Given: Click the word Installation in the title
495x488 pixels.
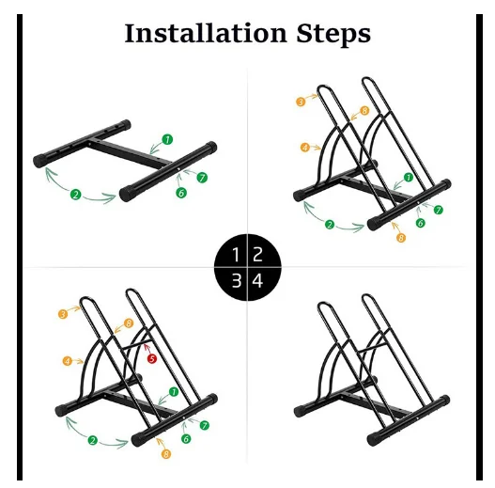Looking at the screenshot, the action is pos(206,33).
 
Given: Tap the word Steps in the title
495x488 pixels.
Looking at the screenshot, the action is pos(333,34).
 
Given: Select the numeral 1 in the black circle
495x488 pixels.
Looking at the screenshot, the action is pos(236,255).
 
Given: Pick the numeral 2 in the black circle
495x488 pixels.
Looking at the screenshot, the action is pos(257,254).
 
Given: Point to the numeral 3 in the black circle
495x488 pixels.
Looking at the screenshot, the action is pos(237,280).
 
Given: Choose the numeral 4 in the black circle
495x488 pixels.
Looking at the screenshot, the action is pos(257,280).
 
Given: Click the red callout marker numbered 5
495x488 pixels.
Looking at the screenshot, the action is pos(152,359).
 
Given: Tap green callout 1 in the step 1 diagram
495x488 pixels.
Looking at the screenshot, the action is pos(167,139).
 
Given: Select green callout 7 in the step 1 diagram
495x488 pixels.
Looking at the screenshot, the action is pos(202,178).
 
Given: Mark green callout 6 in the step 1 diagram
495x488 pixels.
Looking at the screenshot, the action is pos(181,193).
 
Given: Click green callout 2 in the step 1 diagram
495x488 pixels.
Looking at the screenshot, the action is pos(76,194).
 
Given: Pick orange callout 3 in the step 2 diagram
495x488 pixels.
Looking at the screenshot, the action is pos(301,102).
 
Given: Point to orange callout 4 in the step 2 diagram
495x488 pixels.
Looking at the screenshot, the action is pos(305,148).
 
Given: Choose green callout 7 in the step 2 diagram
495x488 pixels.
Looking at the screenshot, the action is pos(439,210).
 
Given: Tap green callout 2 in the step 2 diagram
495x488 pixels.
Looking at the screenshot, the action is pos(330,225).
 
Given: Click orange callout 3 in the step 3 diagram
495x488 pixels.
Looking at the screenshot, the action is pos(63,314).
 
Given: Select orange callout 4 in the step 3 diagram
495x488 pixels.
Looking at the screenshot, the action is pos(68,361).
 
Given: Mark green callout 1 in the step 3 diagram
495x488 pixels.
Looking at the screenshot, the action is pos(174,392).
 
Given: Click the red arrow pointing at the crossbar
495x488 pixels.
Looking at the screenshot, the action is pos(147,350).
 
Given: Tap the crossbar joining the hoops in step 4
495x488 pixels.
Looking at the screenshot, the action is pos(373,346).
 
